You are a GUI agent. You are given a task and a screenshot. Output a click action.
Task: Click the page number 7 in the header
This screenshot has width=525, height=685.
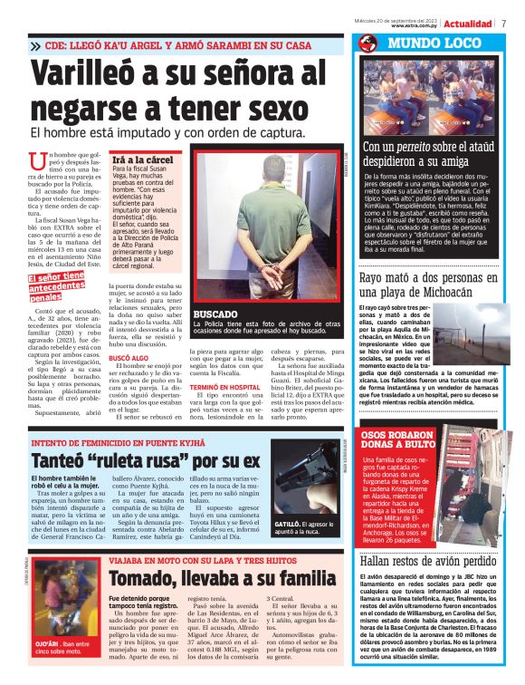503,23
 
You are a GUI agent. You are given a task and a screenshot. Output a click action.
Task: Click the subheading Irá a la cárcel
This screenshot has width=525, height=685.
142,159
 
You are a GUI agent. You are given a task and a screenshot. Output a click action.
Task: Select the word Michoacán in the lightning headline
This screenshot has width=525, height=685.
419,292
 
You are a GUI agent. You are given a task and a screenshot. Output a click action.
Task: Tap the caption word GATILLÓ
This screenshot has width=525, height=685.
291,524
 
